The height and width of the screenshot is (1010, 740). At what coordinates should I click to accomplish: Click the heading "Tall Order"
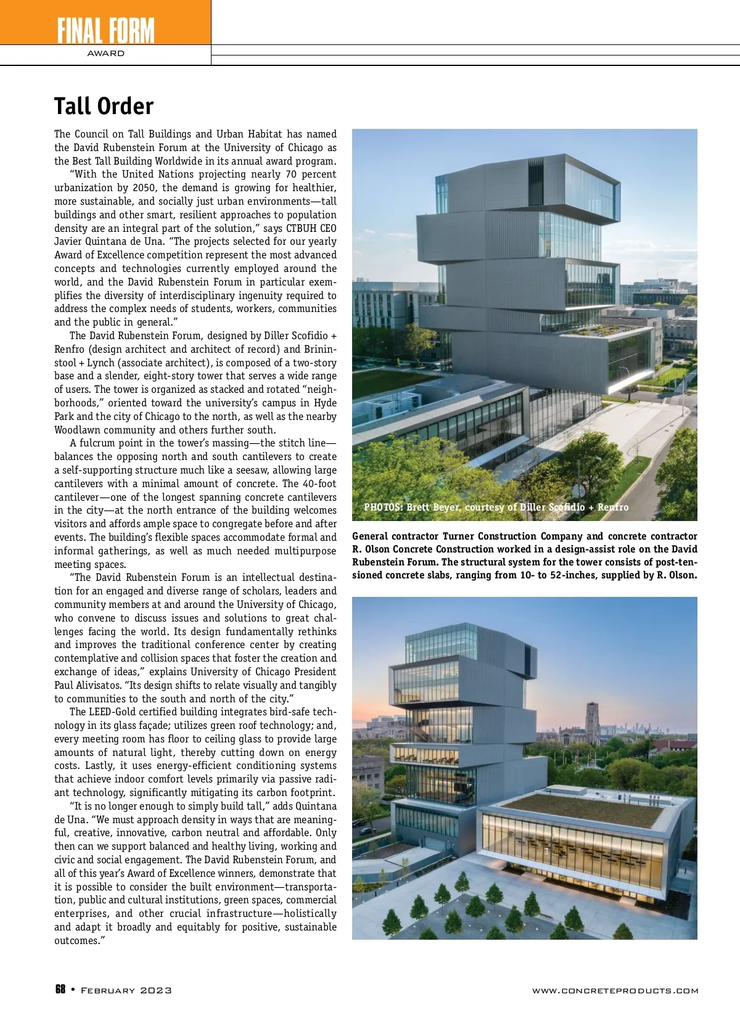click(x=104, y=106)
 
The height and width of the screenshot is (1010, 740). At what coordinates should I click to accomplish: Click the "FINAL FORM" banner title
click(x=105, y=30)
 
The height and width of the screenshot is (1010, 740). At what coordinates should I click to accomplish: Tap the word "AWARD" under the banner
click(x=105, y=54)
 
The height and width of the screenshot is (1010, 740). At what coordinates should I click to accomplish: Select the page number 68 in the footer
click(x=60, y=990)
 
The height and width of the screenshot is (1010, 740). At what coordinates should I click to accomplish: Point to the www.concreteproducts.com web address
click(x=615, y=990)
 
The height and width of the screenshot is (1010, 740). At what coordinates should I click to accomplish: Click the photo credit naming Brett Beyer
click(x=496, y=507)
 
